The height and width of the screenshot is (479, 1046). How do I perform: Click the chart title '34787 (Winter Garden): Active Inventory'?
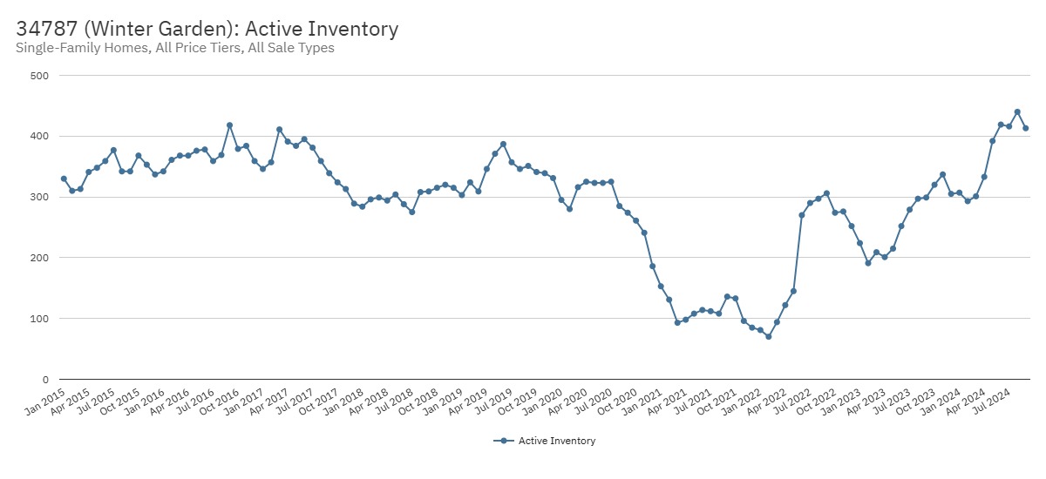tap(207, 29)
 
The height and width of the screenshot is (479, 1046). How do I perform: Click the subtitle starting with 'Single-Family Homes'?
tap(175, 48)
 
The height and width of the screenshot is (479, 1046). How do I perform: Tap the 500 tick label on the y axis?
tap(39, 76)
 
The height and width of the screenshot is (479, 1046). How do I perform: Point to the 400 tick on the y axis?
tap(39, 137)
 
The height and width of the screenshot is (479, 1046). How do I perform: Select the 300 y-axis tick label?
tap(39, 198)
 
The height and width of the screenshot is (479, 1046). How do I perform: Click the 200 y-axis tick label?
tap(39, 258)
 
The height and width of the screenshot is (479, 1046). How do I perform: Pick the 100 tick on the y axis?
tap(39, 319)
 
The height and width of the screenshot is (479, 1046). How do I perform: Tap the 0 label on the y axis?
tap(44, 380)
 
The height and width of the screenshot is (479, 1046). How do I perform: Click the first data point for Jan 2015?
tap(64, 179)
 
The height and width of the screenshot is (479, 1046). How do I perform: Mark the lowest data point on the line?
tap(768, 336)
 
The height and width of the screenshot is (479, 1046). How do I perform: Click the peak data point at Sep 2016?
tap(229, 125)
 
